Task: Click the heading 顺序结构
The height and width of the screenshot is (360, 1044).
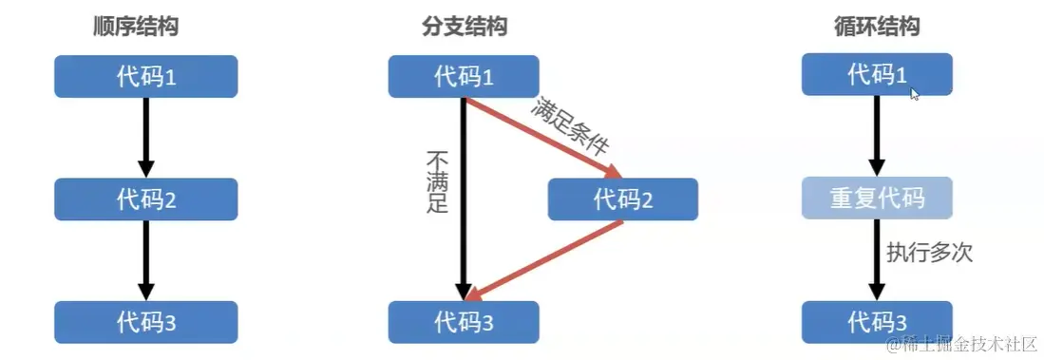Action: [135, 27]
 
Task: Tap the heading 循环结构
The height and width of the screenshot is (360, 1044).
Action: [876, 27]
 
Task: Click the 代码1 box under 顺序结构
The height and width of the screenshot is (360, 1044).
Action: [144, 76]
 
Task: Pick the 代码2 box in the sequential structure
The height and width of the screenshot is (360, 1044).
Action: [144, 199]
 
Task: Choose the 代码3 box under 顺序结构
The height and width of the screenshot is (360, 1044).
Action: [144, 322]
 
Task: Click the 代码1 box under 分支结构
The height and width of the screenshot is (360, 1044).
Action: [464, 76]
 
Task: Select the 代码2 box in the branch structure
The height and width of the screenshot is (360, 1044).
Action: [622, 199]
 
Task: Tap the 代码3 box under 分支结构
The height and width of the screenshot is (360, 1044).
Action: [464, 322]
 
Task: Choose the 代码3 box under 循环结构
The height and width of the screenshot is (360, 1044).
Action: [876, 322]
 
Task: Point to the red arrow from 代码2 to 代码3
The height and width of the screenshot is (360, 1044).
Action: [546, 259]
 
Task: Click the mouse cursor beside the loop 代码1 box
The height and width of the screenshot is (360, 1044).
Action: [915, 94]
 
